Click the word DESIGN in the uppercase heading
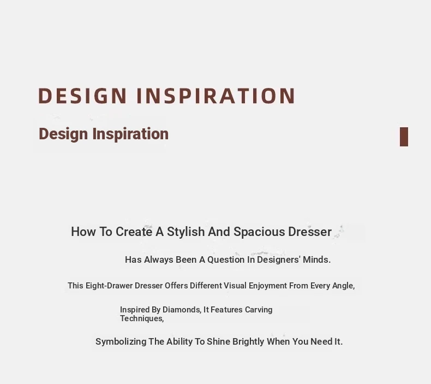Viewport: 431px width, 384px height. [x=82, y=96]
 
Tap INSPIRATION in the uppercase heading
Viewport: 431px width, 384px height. [x=216, y=96]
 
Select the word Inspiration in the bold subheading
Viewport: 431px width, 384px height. [x=130, y=134]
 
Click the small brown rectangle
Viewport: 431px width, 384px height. [x=404, y=137]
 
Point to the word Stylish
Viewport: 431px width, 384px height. [x=186, y=232]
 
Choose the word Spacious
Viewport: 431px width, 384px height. [x=259, y=232]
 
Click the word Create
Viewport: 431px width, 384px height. [x=134, y=232]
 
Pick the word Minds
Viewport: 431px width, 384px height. [x=316, y=259]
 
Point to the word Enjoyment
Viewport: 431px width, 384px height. [x=268, y=286]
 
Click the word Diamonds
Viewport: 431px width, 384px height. [x=182, y=310]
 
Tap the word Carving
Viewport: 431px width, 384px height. [x=259, y=310]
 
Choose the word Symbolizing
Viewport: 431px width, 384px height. [x=121, y=341]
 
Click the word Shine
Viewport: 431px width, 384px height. [x=219, y=341]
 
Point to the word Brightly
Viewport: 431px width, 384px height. [x=248, y=342]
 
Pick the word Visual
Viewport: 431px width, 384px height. [x=235, y=286]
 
